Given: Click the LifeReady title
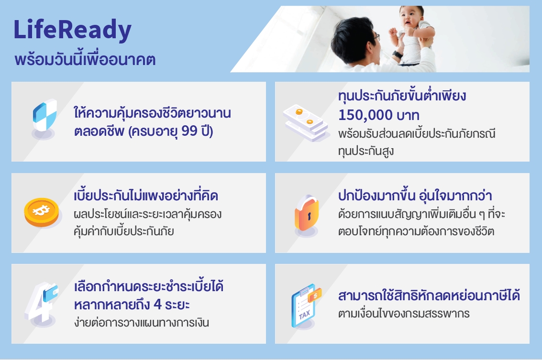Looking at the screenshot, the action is (72, 31).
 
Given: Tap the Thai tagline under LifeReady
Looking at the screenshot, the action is (85, 59).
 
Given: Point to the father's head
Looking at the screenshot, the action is (354, 38).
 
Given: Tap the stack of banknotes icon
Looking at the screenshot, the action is (306, 123).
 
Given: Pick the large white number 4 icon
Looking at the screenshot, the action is (40, 304).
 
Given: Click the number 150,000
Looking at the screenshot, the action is (365, 115).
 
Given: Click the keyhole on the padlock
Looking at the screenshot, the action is (309, 216).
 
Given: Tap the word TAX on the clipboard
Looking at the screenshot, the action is (304, 315).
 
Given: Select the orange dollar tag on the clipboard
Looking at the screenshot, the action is (315, 295).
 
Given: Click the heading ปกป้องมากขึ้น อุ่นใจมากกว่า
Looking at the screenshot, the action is (415, 196).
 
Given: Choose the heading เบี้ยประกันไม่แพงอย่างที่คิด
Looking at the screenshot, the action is (146, 196).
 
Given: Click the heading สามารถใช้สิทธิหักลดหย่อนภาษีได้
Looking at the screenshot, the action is (429, 296).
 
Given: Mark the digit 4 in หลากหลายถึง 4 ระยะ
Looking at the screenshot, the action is (157, 305).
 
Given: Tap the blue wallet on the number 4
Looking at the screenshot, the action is (50, 293).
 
